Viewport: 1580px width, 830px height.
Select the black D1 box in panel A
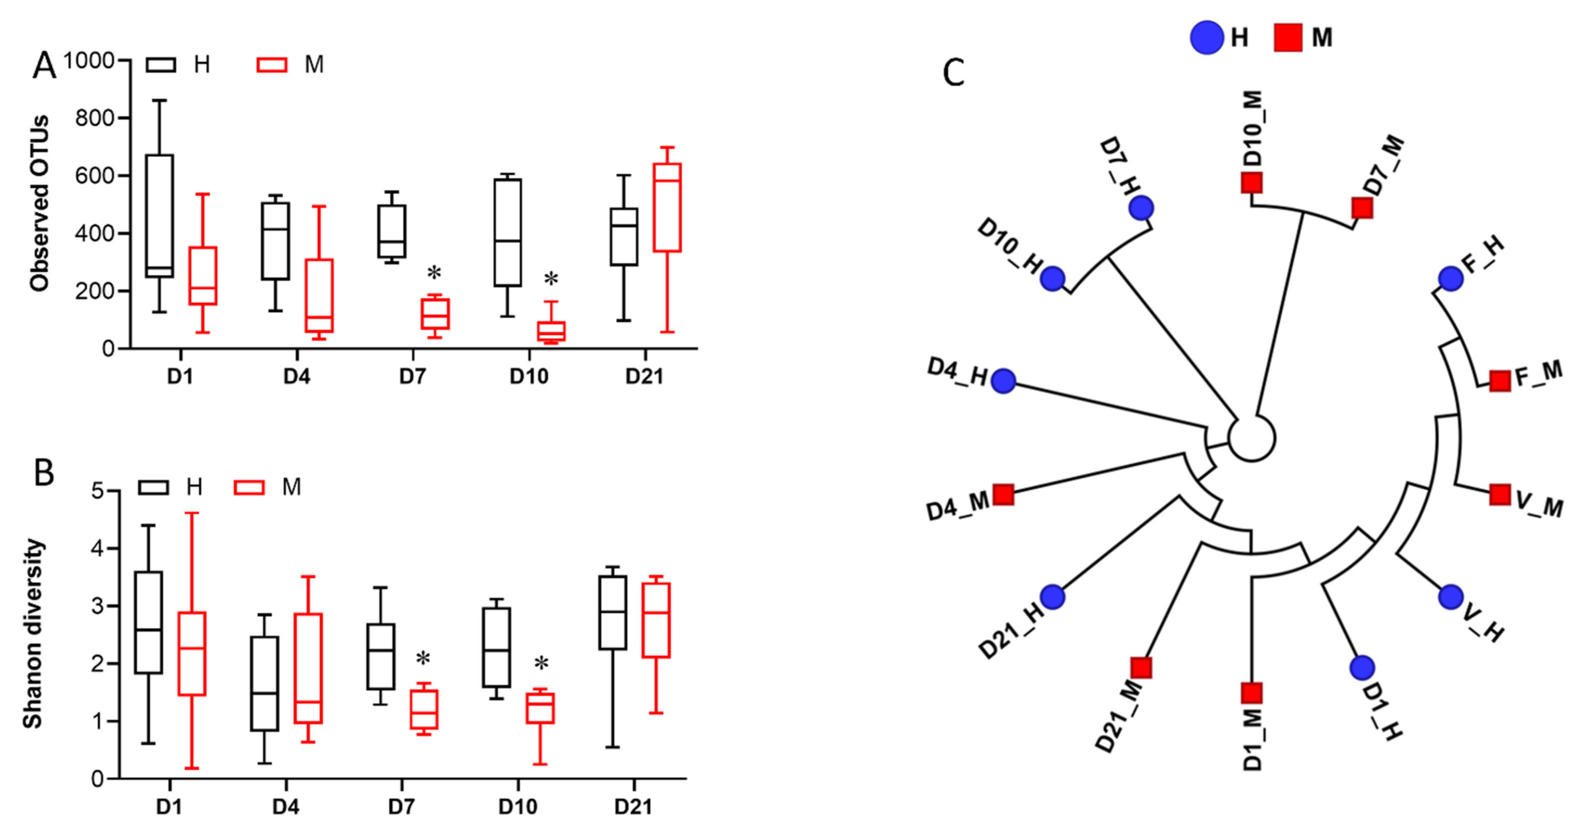tap(160, 215)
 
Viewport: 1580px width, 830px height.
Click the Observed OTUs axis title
tap(39, 203)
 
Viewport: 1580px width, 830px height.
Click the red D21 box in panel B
tap(655, 620)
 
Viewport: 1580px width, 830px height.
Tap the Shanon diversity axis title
tap(33, 634)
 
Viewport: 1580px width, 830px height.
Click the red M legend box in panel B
tap(249, 487)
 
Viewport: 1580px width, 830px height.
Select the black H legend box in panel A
tap(161, 64)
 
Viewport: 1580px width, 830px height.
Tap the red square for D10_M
tap(1251, 182)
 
